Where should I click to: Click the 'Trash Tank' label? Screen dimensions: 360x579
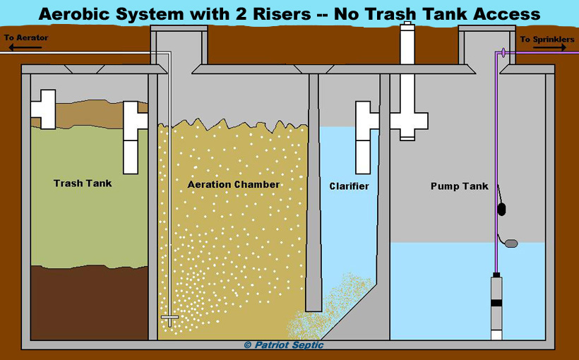[83, 184]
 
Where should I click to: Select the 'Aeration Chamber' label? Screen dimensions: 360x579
[233, 185]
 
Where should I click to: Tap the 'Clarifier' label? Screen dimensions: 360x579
[349, 186]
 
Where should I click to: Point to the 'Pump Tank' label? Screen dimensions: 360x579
[459, 186]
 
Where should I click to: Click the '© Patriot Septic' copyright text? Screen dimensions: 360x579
[284, 345]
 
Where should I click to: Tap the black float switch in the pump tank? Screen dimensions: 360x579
[502, 208]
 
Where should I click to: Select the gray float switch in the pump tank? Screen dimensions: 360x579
[511, 244]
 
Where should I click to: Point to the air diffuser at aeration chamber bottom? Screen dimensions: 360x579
[169, 320]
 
